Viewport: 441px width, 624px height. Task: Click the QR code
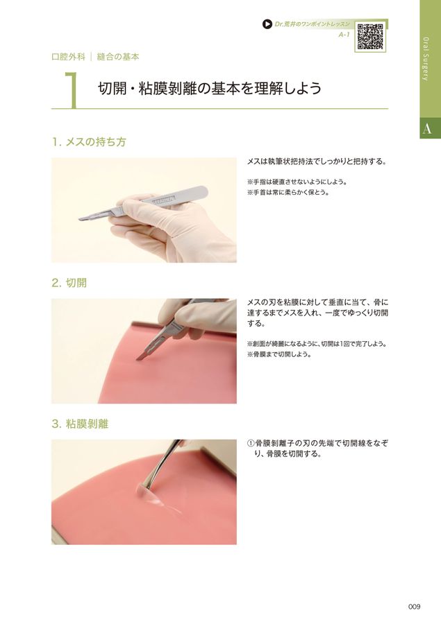370,36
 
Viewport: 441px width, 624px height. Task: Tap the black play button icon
267,24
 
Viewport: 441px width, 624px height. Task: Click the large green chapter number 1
71,90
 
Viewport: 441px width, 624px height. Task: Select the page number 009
414,607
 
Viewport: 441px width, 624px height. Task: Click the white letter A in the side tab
426,128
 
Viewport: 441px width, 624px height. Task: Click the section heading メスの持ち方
95,141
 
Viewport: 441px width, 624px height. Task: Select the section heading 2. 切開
69,283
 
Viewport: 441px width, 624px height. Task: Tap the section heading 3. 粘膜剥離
80,424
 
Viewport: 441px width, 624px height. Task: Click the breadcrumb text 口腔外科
68,57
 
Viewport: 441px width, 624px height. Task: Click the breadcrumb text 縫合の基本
118,57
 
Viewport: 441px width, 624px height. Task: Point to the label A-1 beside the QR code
344,35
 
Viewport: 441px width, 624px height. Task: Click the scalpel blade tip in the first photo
78,219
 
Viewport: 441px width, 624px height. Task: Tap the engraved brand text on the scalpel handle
163,200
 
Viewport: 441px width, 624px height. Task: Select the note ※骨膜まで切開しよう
279,354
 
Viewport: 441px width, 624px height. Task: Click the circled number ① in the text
251,444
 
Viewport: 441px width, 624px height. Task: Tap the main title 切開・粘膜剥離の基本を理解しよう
210,88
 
